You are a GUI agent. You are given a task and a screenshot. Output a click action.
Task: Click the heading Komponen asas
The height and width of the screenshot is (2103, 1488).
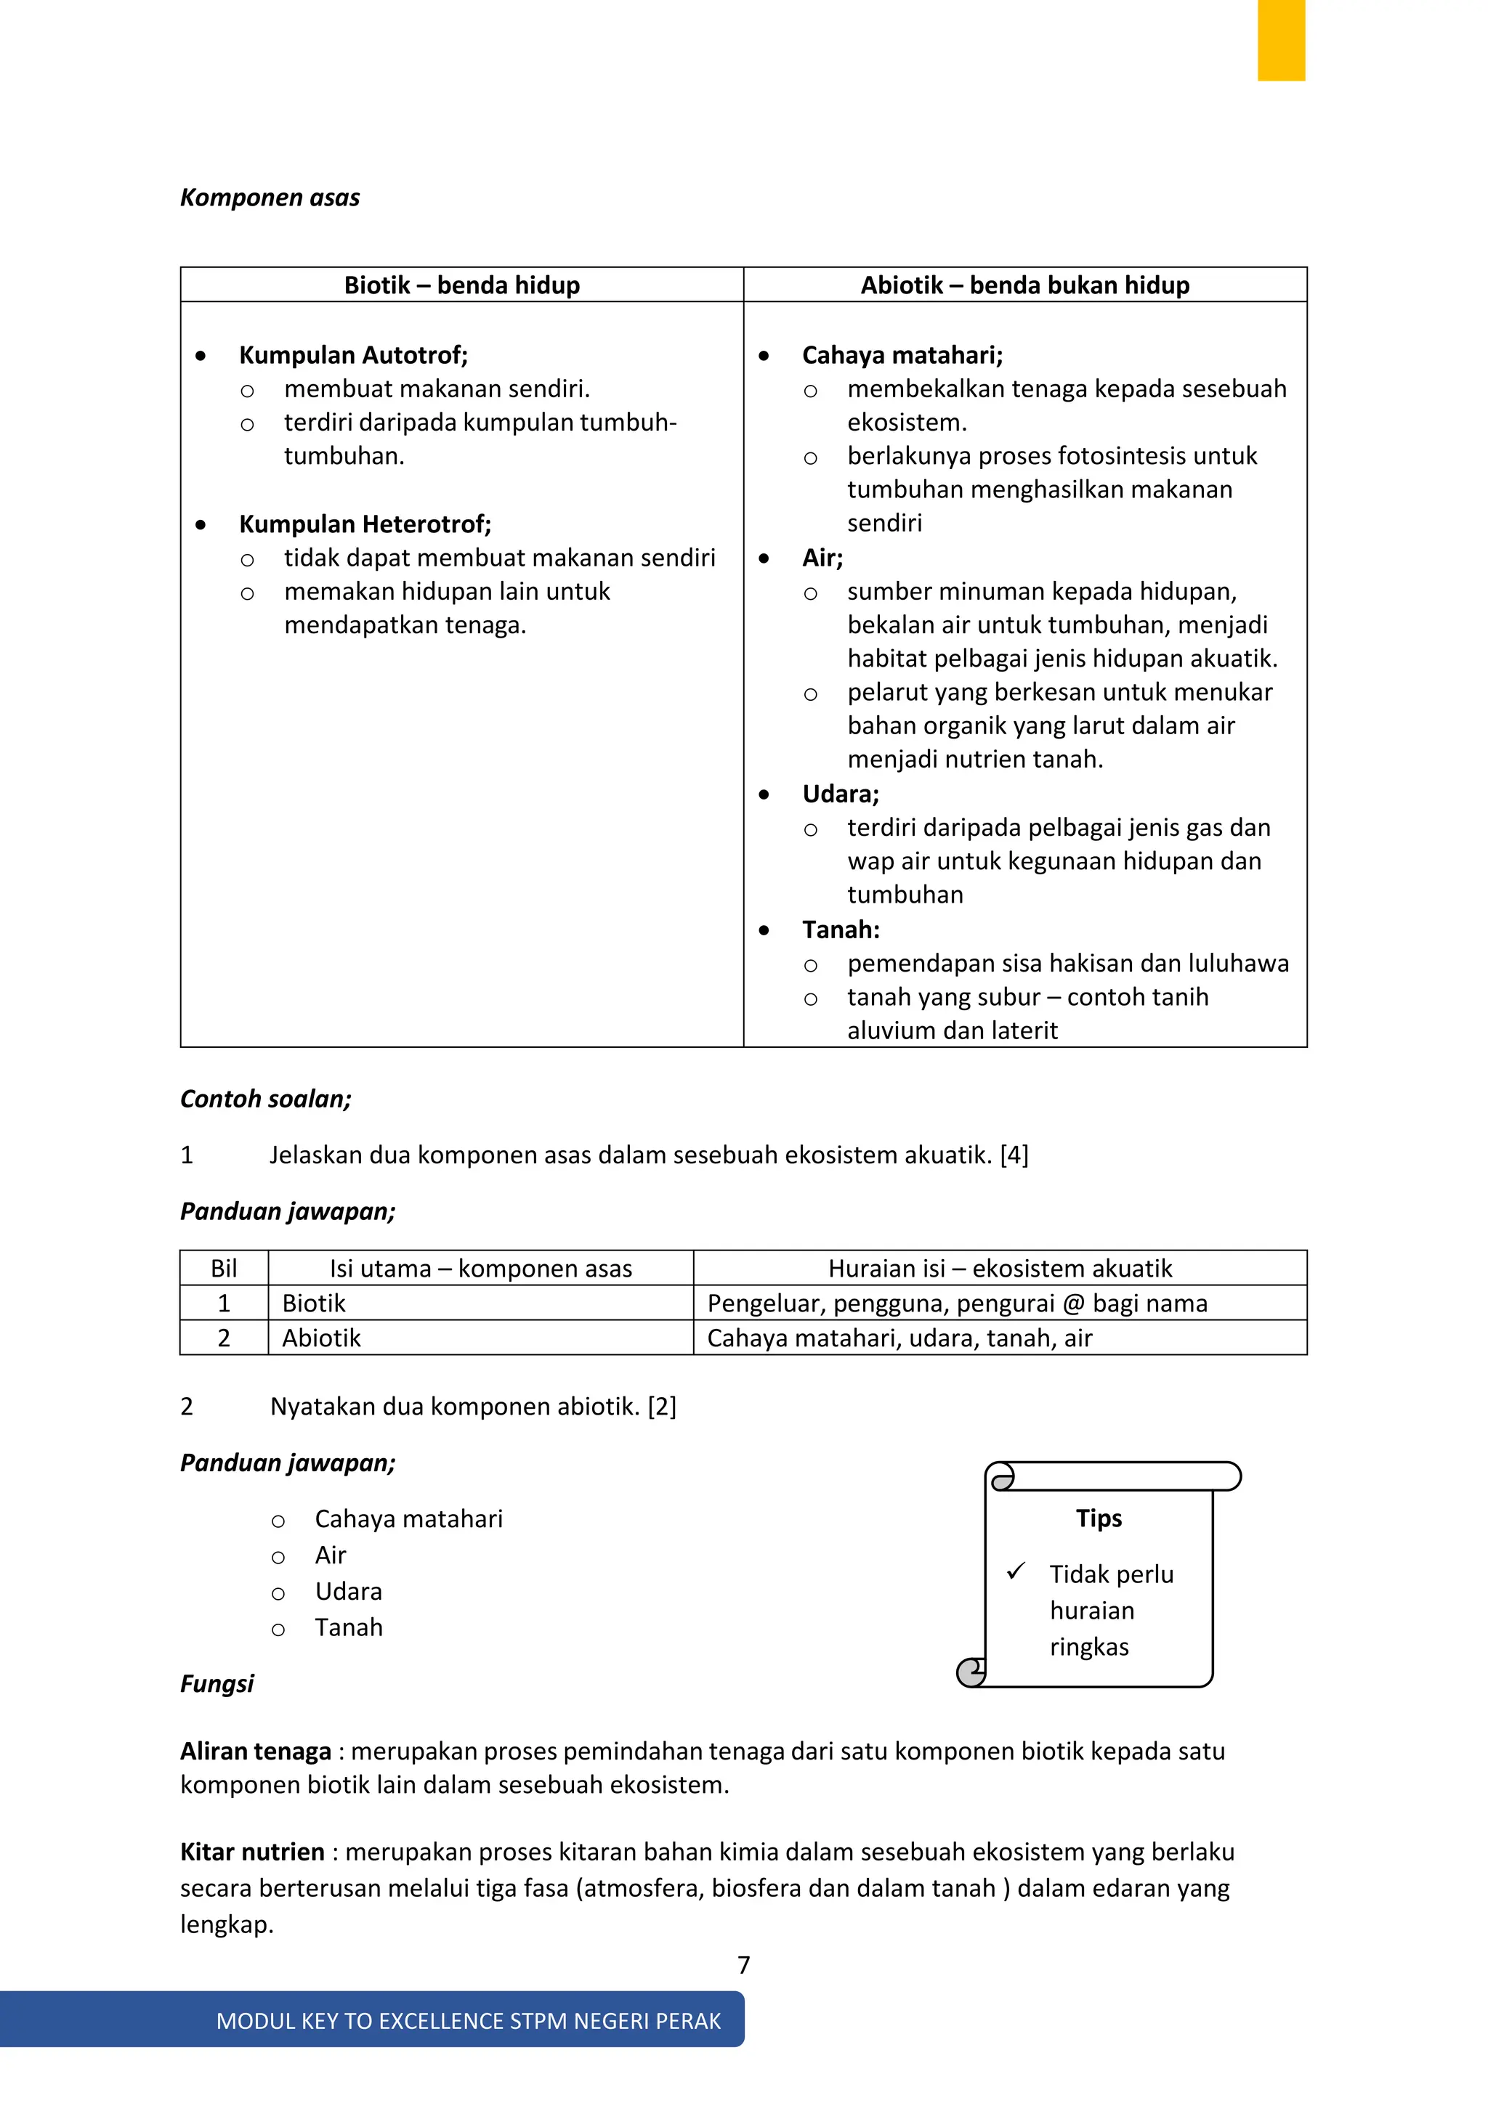270,198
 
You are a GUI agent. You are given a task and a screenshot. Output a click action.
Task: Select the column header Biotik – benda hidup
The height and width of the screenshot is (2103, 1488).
462,286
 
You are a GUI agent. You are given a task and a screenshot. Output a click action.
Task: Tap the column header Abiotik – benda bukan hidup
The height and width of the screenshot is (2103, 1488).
1024,286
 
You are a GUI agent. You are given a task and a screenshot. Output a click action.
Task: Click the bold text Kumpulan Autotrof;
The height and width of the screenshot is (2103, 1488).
353,355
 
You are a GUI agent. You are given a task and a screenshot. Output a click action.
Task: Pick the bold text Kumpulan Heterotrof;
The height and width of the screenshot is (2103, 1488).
365,525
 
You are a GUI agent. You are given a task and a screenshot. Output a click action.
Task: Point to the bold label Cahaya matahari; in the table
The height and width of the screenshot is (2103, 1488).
902,355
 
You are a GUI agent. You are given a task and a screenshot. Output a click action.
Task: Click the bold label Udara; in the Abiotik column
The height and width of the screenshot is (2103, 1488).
840,794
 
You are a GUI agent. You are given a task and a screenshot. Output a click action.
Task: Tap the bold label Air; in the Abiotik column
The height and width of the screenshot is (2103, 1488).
822,558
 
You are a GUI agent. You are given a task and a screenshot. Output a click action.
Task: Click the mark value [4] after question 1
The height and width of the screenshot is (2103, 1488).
1014,1155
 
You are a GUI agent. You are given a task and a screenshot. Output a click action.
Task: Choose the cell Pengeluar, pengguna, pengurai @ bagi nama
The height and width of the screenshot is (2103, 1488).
957,1303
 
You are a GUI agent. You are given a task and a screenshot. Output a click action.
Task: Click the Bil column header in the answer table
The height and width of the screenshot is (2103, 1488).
224,1269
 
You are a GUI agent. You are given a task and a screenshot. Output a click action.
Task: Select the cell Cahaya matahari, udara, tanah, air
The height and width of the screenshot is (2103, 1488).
899,1338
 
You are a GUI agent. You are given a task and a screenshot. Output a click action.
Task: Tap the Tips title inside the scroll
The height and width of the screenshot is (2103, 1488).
1099,1518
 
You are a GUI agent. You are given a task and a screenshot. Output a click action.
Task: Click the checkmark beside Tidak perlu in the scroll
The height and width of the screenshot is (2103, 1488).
1015,1571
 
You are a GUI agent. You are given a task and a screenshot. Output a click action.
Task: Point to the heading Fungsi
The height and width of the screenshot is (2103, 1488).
217,1683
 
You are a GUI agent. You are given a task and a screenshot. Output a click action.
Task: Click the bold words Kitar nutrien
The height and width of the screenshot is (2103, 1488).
252,1852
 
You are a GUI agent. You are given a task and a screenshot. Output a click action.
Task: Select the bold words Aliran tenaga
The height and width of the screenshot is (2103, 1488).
255,1752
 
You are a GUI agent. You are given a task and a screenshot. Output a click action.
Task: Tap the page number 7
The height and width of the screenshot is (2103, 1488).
743,1965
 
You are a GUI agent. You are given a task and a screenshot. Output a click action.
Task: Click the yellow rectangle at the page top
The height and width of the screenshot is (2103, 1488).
1280,40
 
